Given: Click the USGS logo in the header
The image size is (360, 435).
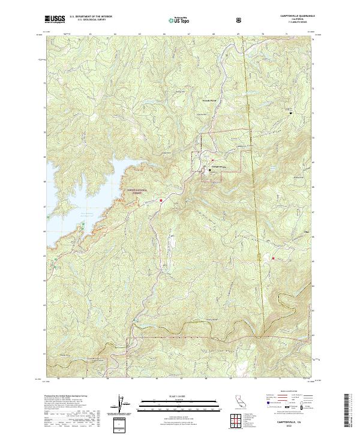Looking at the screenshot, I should (55, 20).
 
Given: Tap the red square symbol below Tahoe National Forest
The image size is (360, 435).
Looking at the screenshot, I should (161, 200).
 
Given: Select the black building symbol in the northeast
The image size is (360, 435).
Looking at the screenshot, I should (291, 112).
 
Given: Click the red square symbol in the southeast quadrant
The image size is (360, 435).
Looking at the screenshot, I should (274, 259).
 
